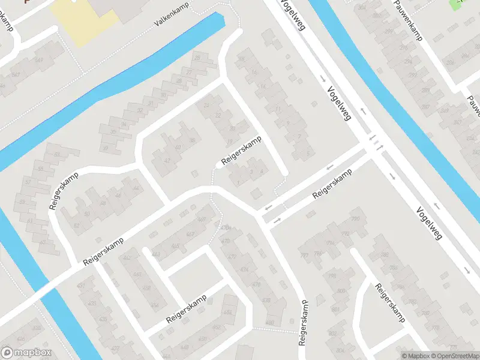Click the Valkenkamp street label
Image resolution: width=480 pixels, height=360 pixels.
pyautogui.click(x=172, y=19)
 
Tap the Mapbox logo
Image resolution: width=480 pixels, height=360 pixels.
pyautogui.click(x=26, y=353)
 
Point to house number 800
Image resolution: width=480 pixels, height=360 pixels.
pyautogui.click(x=341, y=291)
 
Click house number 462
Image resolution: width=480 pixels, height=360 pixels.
pyautogui.click(x=127, y=258)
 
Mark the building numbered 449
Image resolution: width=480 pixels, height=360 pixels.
pyautogui.click(x=202, y=220)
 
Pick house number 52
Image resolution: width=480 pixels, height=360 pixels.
pyautogui.click(x=76, y=226)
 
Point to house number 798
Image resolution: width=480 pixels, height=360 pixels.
pyautogui.click(x=332, y=276)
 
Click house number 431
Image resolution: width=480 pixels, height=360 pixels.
pyautogui.click(x=81, y=286)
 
